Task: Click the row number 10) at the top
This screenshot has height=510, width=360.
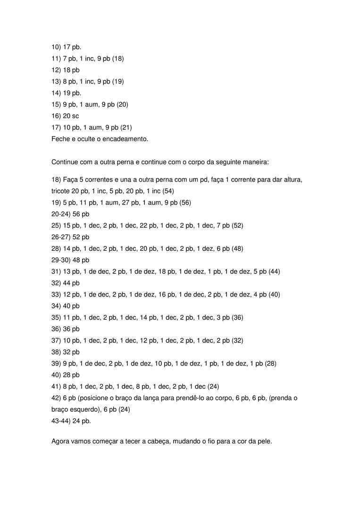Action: (x=56, y=47)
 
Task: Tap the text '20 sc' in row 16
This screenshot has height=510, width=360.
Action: (x=71, y=116)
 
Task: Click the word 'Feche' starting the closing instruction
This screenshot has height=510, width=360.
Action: (x=60, y=139)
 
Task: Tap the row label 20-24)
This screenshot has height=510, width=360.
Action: (x=60, y=214)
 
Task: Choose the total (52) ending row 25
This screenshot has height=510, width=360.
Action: (x=237, y=226)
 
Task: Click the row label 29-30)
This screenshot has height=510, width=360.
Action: (x=60, y=260)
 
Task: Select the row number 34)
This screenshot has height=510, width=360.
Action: (x=56, y=306)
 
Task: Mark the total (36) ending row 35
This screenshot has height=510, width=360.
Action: (x=237, y=317)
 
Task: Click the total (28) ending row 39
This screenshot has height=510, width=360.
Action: (x=270, y=364)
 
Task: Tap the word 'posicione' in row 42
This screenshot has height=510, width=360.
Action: (x=100, y=398)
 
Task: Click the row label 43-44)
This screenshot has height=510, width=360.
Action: (x=60, y=421)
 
